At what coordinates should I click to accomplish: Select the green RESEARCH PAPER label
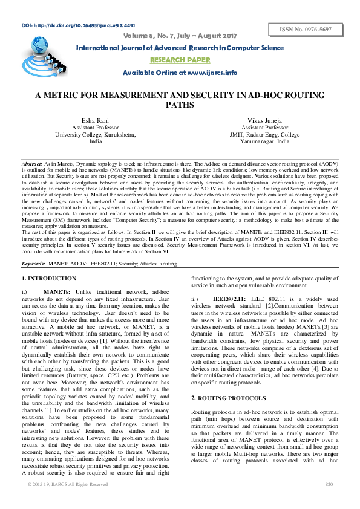point(180,60)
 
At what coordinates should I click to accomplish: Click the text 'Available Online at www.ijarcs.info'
point(180,73)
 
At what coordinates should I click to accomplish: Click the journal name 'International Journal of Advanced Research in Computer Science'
point(180,48)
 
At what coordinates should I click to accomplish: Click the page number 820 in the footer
point(329,501)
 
